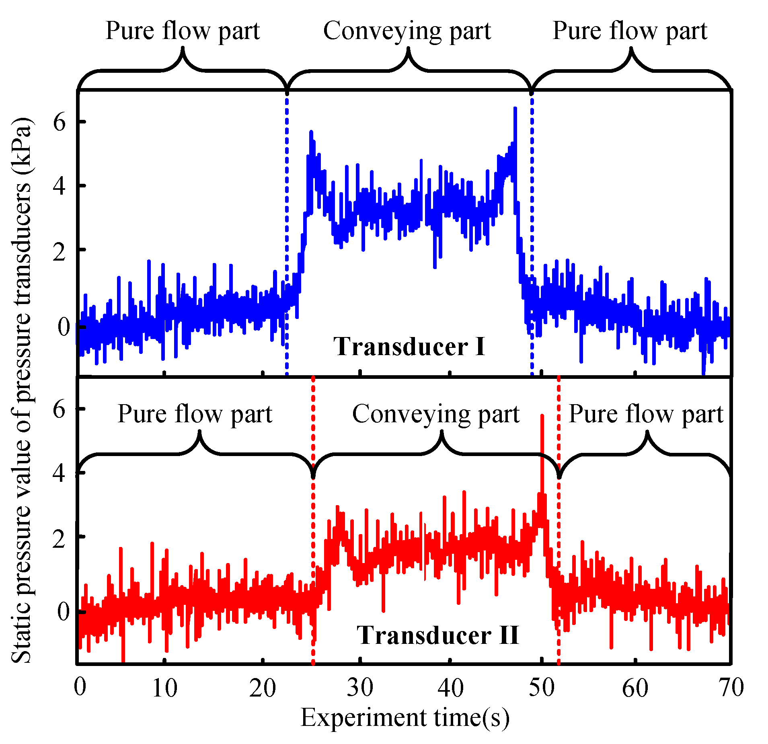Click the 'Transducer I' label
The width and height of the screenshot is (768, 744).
(x=409, y=347)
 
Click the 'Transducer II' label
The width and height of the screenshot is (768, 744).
(x=438, y=635)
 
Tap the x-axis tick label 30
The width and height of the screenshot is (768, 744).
(x=360, y=688)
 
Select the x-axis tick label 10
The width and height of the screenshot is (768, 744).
(x=165, y=688)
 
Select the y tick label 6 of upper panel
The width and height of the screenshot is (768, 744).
(x=60, y=122)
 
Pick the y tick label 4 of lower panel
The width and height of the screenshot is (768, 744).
(x=60, y=473)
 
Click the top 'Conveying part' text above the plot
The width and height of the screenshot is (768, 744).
(x=407, y=31)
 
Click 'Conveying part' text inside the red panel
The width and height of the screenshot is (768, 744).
(x=436, y=414)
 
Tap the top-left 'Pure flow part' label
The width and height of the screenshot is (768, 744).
(x=183, y=31)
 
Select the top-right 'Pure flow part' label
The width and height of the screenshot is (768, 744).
(x=630, y=31)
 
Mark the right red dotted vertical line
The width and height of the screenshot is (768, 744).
(x=559, y=523)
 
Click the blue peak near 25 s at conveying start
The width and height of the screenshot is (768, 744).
(x=311, y=133)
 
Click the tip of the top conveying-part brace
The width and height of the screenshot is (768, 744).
(x=409, y=49)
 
